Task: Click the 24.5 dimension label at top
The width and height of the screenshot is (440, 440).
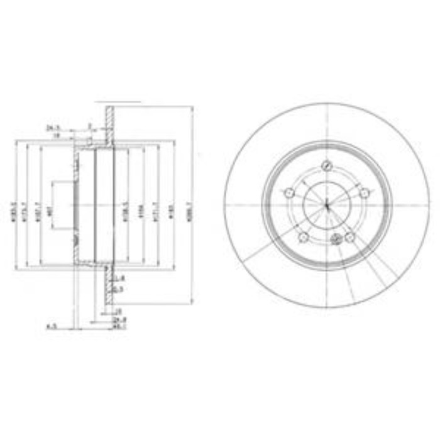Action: click(x=52, y=127)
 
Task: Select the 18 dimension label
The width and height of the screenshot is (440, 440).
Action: click(x=55, y=135)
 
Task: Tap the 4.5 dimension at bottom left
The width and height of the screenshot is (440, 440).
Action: click(x=53, y=326)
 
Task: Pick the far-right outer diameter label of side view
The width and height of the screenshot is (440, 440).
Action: click(x=190, y=205)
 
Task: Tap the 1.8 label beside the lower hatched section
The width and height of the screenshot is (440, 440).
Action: click(x=121, y=277)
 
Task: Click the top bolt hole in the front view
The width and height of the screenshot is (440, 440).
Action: click(x=326, y=165)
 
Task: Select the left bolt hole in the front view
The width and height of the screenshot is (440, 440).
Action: click(x=289, y=193)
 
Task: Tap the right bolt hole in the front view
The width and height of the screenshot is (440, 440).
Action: click(x=364, y=192)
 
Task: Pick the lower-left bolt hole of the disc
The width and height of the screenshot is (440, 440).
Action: click(x=304, y=237)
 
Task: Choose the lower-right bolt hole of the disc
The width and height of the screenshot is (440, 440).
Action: click(x=350, y=237)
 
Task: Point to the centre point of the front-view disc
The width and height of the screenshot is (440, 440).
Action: click(x=327, y=205)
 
